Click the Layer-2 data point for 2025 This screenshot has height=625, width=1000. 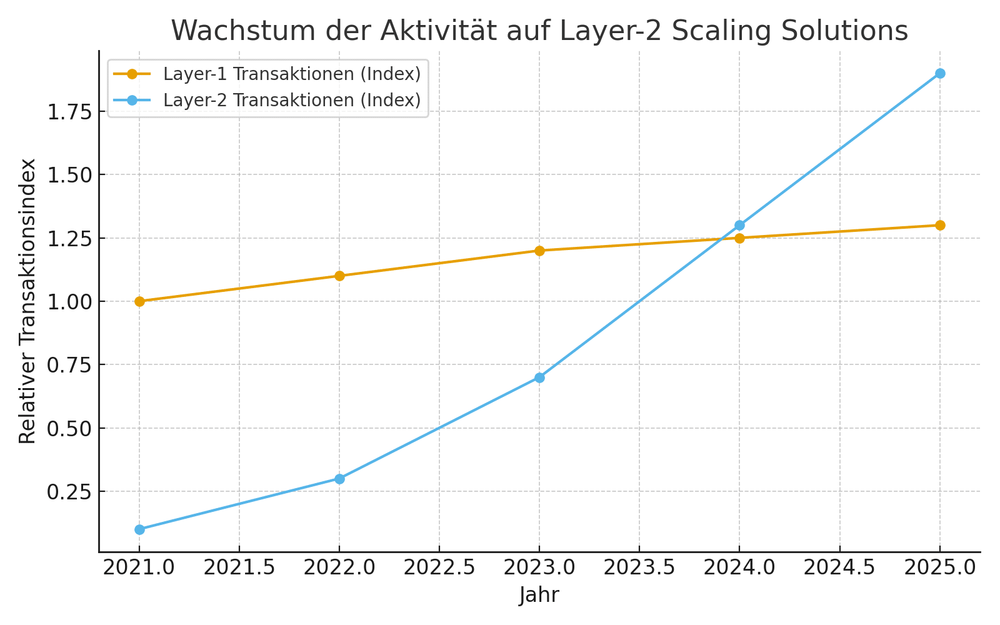click(939, 73)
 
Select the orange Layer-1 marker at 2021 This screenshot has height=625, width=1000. click(139, 301)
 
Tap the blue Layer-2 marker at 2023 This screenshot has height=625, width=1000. click(539, 377)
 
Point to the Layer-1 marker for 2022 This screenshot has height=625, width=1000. click(339, 276)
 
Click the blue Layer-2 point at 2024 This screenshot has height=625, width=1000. click(739, 225)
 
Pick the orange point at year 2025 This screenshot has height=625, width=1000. click(939, 225)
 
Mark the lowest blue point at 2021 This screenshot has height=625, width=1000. click(139, 529)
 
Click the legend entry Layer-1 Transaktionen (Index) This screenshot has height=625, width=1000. click(291, 74)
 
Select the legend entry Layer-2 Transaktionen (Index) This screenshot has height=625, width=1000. click(291, 100)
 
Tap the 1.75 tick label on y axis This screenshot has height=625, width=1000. click(68, 112)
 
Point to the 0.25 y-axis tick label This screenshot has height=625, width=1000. click(68, 492)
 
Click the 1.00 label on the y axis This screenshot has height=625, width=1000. click(68, 301)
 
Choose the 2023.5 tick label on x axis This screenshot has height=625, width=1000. click(639, 567)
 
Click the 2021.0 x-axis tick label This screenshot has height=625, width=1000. click(139, 567)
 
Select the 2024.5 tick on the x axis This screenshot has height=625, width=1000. click(839, 567)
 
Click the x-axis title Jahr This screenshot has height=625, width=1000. click(539, 595)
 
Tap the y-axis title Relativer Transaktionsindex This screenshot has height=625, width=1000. click(27, 301)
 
